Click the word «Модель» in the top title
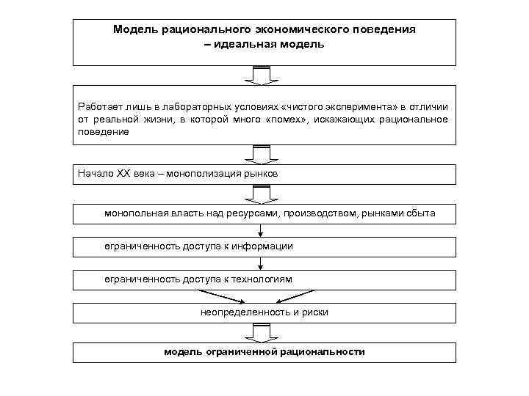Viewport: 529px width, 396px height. tap(134, 30)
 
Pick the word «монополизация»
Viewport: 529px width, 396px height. tap(201, 174)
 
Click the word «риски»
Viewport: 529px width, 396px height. tap(314, 312)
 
